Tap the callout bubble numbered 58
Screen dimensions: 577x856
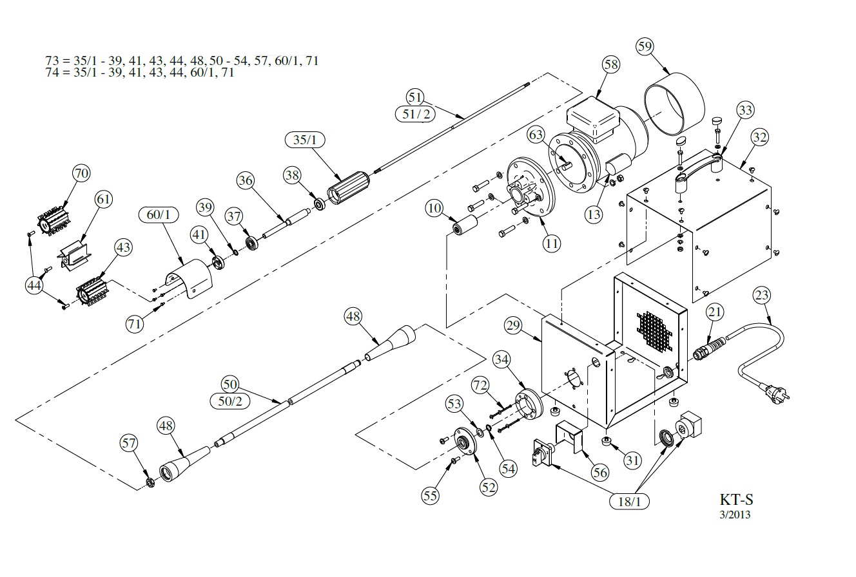click(x=611, y=64)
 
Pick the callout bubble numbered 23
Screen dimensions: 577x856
click(x=762, y=296)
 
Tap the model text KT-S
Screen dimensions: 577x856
click(x=736, y=500)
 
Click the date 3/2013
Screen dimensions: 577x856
click(x=735, y=515)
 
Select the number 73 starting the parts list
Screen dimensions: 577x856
click(x=52, y=61)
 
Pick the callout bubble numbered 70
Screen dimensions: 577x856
click(x=82, y=173)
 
